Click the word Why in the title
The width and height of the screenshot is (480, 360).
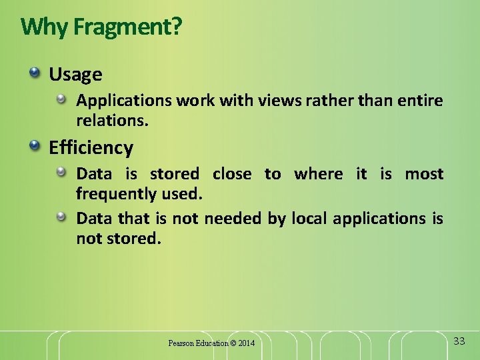(x=45, y=27)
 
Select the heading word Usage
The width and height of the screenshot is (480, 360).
(x=75, y=74)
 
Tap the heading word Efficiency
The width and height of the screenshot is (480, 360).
(x=91, y=147)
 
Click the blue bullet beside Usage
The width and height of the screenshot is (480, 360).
(x=34, y=71)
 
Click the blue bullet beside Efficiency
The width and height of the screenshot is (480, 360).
(x=34, y=145)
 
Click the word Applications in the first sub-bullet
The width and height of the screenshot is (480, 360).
(x=124, y=101)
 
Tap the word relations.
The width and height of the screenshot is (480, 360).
(x=112, y=121)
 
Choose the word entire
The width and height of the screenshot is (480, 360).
(x=420, y=101)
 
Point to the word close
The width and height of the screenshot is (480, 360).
(x=232, y=174)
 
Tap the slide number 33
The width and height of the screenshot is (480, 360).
(x=459, y=341)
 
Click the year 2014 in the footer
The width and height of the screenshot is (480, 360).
(x=246, y=343)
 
